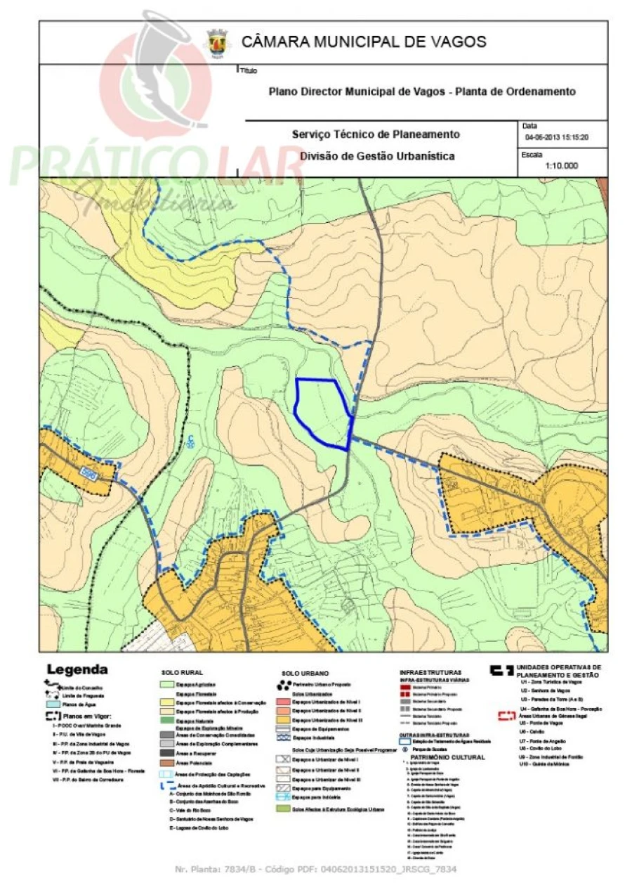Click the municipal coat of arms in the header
(216, 43)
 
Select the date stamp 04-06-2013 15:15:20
(556, 137)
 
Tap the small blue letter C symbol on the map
(191, 442)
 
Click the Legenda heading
(77, 669)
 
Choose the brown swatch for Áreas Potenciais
(168, 762)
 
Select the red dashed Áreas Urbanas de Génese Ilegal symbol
(507, 716)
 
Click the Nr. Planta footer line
(315, 870)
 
